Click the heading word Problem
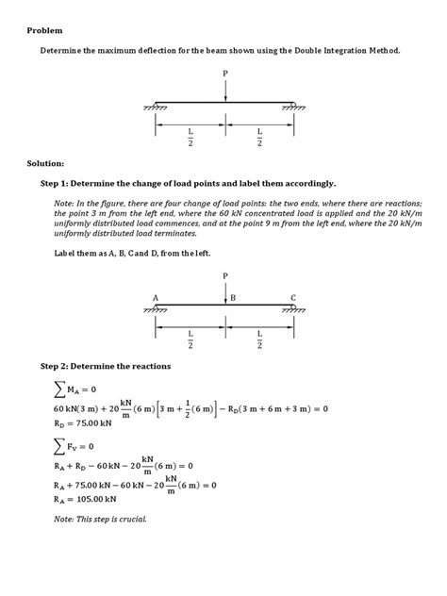[x=43, y=31]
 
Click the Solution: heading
[x=46, y=163]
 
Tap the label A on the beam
[x=156, y=297]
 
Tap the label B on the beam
[x=232, y=297]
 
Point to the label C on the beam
[x=293, y=297]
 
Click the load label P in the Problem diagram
[x=225, y=74]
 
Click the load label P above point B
[x=225, y=276]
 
